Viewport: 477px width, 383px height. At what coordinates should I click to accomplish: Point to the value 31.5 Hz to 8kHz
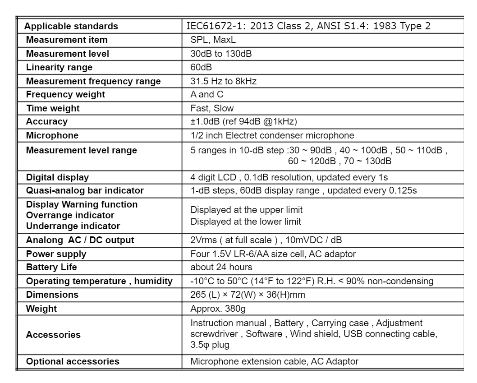[224, 82]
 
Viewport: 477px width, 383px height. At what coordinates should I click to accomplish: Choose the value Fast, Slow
[212, 109]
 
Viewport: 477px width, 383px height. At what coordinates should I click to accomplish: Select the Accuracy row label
[47, 122]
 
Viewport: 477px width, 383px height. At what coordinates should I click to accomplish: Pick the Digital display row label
[57, 177]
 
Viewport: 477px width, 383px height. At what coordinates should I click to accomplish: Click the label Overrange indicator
[70, 215]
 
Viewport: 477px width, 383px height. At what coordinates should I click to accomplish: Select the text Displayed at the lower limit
[246, 221]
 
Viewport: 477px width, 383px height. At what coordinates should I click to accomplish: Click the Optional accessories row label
[73, 361]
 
